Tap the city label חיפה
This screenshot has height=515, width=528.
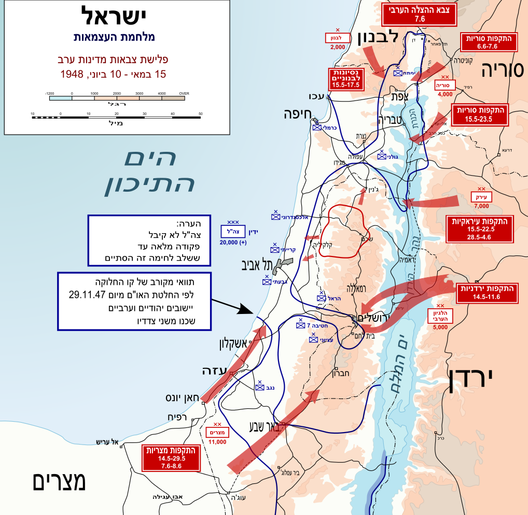pos(297,115)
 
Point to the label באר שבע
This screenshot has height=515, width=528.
pos(267,427)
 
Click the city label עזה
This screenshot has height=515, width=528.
pos(214,371)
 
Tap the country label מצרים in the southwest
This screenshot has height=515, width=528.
pos(59,481)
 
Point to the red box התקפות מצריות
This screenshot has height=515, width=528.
pos(171,457)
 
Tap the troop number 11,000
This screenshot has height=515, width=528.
pos(217,442)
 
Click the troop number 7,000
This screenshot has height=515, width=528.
pos(481,206)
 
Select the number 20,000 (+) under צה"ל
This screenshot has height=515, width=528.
pos(233,242)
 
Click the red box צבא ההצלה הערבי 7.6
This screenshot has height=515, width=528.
pos(420,15)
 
